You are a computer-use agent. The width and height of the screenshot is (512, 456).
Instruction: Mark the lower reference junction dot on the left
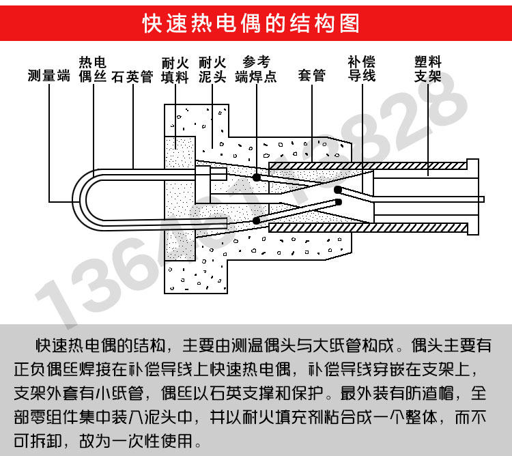[256, 220]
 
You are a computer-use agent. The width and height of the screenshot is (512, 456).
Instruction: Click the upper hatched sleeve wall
[362, 166]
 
